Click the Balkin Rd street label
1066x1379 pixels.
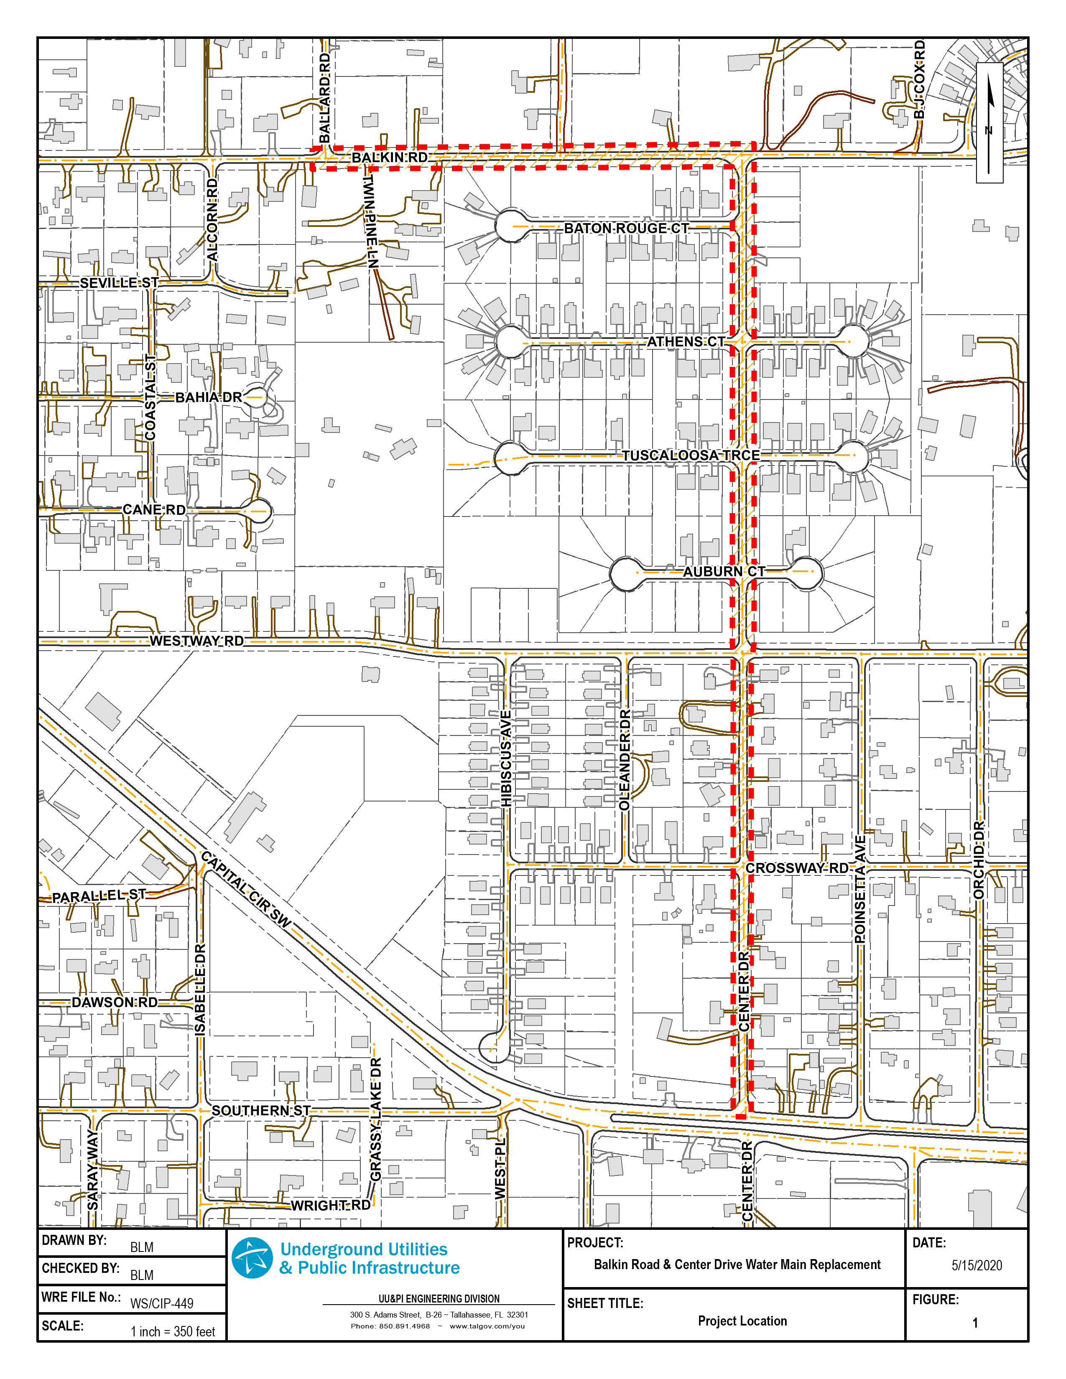tap(389, 157)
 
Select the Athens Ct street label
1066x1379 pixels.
tap(686, 341)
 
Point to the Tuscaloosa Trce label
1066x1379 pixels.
tap(690, 455)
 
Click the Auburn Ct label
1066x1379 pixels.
tap(724, 571)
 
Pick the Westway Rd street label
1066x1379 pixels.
tap(196, 641)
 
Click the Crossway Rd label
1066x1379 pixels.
tap(797, 868)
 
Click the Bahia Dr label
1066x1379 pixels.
tap(209, 397)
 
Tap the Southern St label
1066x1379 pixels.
tap(261, 1111)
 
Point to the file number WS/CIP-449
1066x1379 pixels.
tap(162, 1304)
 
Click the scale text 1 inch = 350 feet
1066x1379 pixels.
tap(172, 1332)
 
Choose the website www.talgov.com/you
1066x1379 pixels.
tap(487, 1326)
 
